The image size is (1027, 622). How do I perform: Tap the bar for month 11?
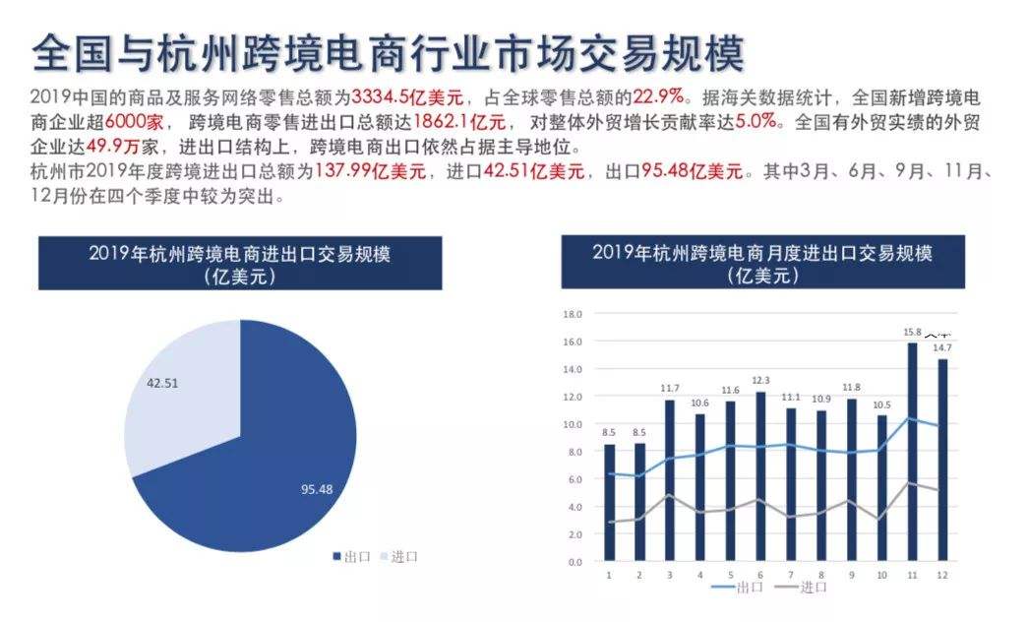(x=912, y=453)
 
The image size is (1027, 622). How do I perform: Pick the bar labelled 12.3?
(x=759, y=477)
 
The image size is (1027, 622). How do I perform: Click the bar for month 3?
(x=670, y=482)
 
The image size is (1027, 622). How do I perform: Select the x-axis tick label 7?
(x=790, y=574)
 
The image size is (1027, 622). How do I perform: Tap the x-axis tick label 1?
(x=609, y=574)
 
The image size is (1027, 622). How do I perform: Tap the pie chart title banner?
(x=239, y=264)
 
